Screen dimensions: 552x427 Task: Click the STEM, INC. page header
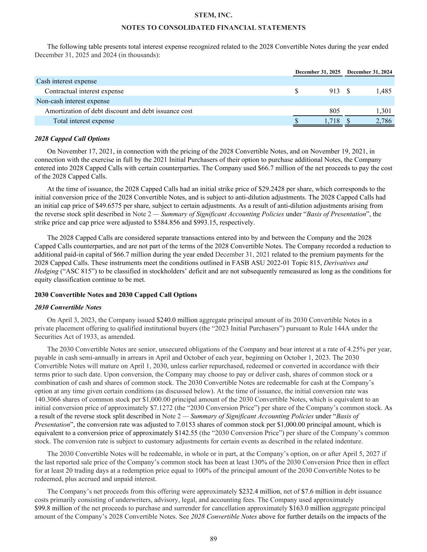213,15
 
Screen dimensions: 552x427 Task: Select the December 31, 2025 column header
318,72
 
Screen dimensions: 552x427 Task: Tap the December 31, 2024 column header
370,72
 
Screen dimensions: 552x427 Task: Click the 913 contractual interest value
334,91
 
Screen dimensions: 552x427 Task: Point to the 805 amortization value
334,111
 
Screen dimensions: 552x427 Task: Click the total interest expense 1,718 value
332,121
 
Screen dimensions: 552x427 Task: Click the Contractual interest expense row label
84,91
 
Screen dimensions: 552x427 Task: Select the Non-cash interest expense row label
73,101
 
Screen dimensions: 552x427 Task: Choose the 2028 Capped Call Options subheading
72,139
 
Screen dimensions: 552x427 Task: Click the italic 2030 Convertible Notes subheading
68,308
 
